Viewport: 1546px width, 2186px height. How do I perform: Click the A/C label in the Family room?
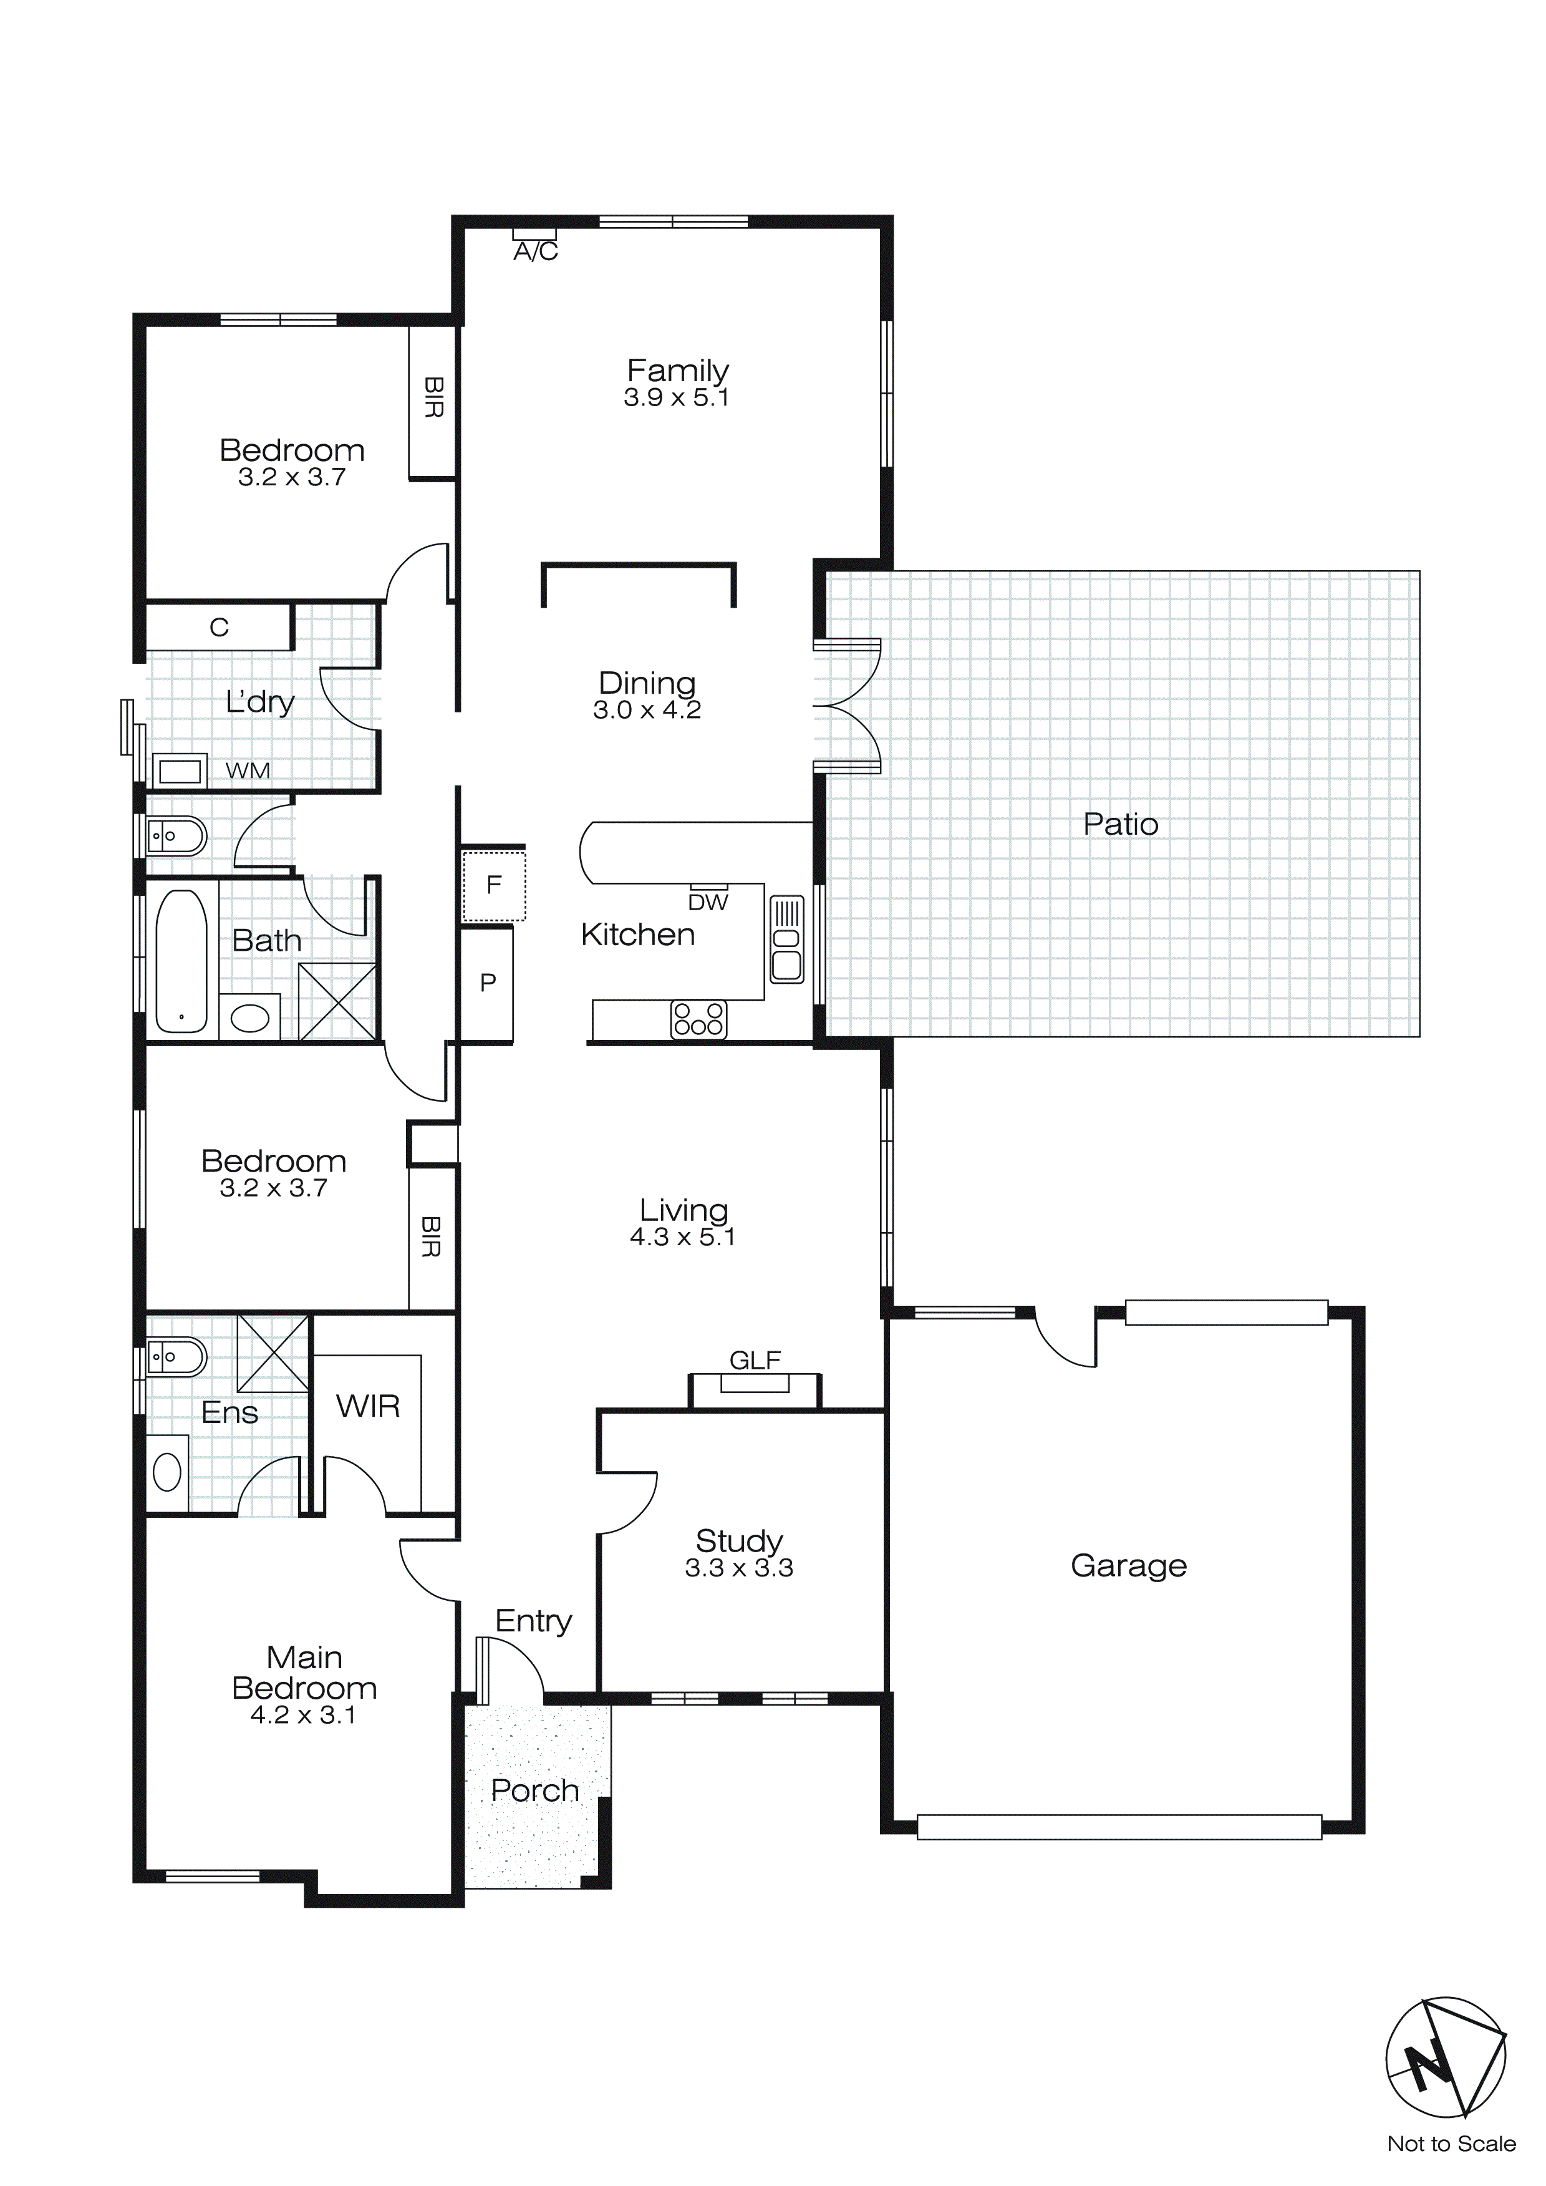536,251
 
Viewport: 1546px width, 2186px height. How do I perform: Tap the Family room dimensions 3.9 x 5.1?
677,398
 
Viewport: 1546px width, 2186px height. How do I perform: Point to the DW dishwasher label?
708,903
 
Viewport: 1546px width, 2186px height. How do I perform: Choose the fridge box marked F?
494,885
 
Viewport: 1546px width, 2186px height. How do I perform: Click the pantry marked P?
488,983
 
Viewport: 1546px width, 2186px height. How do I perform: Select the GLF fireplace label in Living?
755,1361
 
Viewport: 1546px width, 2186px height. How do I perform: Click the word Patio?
1121,825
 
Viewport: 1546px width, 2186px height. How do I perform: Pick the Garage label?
1128,1565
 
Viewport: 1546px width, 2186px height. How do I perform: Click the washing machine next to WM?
180,770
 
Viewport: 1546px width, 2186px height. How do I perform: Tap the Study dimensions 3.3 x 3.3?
739,1568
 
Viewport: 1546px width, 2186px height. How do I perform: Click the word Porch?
535,1791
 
